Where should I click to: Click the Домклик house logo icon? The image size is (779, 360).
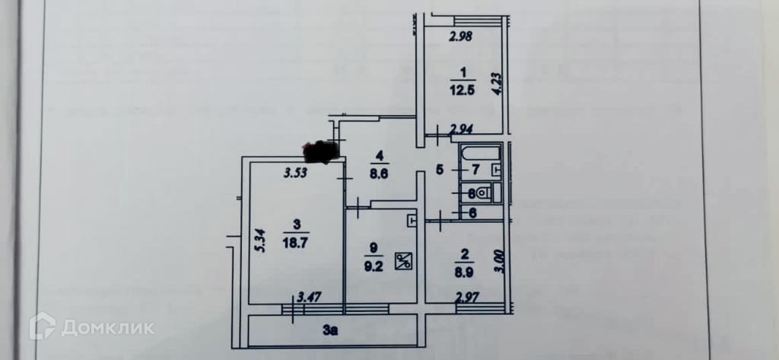[x=43, y=327]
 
